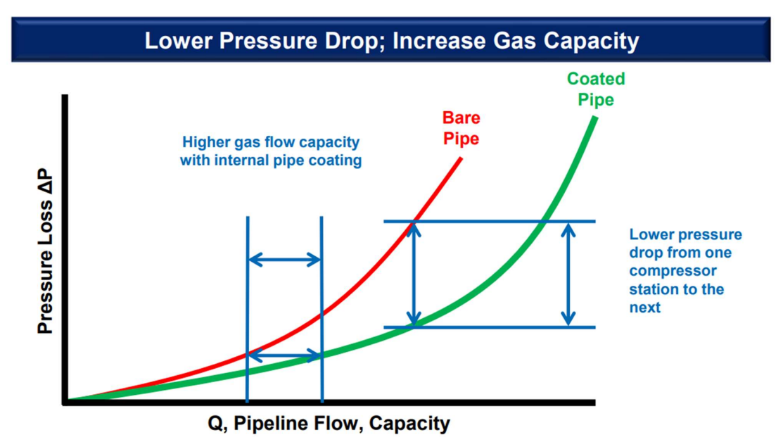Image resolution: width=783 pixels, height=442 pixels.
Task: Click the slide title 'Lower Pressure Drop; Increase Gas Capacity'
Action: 391,40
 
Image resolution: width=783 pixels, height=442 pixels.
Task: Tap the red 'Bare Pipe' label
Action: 461,128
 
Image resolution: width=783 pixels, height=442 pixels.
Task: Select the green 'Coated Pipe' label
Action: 595,89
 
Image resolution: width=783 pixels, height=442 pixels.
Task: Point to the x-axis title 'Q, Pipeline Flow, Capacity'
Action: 329,424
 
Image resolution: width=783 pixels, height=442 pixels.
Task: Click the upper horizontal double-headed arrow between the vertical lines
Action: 284,260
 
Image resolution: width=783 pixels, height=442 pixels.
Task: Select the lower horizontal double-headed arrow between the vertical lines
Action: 284,355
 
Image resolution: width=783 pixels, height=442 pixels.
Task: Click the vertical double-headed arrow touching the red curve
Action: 415,274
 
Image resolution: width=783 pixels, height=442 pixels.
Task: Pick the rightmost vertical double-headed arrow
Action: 569,274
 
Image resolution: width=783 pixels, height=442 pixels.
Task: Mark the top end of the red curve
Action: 461,158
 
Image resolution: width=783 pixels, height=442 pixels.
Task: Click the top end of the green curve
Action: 594,118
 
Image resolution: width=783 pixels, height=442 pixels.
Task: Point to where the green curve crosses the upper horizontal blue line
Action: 545,222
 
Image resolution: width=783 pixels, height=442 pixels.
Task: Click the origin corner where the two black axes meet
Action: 65,403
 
